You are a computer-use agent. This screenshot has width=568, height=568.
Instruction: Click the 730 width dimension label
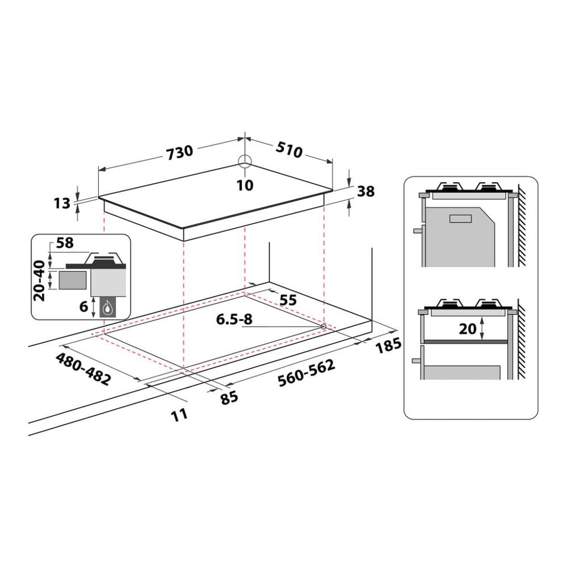(179, 152)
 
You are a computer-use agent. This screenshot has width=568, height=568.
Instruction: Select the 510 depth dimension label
(288, 150)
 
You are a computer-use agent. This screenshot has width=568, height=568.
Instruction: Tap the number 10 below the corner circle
(244, 185)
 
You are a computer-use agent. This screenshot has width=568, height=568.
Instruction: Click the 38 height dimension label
(366, 191)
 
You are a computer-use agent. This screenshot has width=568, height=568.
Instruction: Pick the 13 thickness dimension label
(62, 203)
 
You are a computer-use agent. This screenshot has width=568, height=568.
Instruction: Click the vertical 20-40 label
(40, 282)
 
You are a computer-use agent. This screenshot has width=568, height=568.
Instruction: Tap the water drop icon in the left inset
(108, 307)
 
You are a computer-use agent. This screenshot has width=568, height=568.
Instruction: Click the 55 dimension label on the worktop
(288, 300)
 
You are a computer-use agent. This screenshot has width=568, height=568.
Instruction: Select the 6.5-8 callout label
(234, 319)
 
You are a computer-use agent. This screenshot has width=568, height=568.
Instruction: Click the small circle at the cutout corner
(324, 327)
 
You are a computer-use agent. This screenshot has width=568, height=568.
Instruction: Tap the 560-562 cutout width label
(306, 373)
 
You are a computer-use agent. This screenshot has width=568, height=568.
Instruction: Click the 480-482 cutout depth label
(83, 369)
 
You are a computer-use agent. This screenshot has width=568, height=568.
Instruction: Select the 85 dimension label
(229, 397)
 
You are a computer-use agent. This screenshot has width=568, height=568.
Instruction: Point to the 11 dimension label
(179, 414)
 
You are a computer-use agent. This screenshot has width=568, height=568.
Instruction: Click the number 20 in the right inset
(467, 328)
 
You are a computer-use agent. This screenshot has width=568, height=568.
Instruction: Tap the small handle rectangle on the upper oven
(460, 218)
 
